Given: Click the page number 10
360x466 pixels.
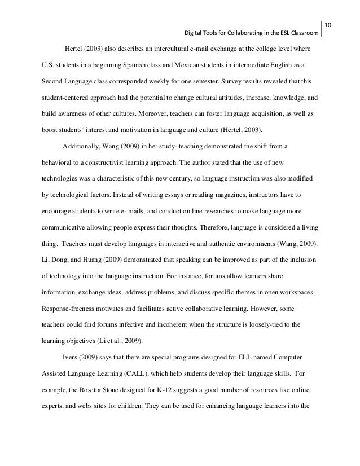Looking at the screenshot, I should coord(329,24).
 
